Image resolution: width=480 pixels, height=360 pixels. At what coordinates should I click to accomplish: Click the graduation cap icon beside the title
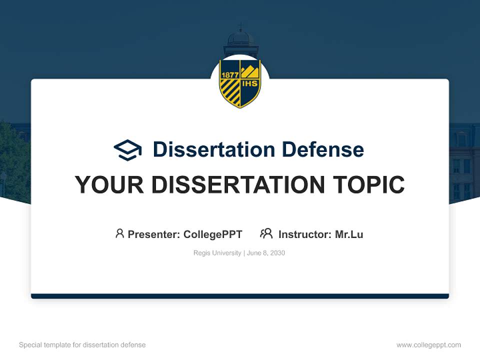(127, 149)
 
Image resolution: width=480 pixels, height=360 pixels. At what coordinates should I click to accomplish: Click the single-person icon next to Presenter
(119, 233)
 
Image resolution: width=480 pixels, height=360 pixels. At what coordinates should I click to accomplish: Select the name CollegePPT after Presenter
(213, 234)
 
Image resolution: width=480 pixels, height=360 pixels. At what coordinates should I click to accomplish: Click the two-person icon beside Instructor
(266, 233)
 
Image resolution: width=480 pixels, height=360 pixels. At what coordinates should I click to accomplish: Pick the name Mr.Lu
(349, 234)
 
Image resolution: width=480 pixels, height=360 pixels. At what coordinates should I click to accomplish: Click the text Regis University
(217, 253)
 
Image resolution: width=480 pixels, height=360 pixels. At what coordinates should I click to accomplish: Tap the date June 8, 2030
(266, 253)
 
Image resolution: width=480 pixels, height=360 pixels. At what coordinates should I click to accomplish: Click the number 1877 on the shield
(230, 74)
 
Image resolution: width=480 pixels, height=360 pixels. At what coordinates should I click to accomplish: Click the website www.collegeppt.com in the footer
(428, 345)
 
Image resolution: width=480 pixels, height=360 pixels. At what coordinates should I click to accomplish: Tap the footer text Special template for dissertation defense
(82, 345)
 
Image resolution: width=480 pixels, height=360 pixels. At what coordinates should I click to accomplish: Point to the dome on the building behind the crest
(240, 37)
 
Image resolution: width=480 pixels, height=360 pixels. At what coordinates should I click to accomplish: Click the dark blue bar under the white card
(240, 296)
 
